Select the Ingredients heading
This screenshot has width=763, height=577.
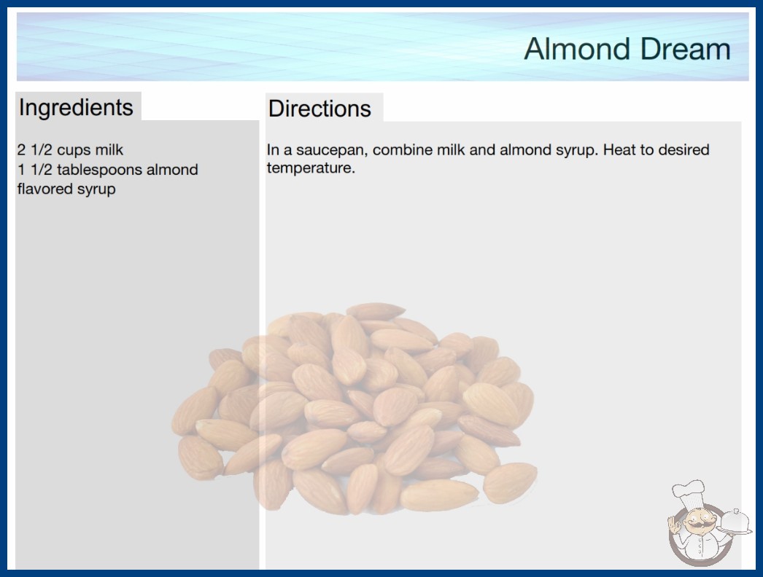click(x=76, y=107)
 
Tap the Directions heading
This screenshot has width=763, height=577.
click(x=319, y=109)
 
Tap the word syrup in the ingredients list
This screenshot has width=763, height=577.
click(x=98, y=189)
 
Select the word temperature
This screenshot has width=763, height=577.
click(x=311, y=168)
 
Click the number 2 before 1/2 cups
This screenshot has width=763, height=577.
click(x=21, y=150)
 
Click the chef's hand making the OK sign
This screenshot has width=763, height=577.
click(x=675, y=524)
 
